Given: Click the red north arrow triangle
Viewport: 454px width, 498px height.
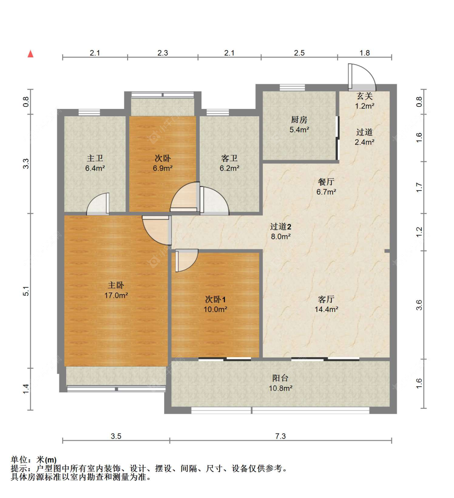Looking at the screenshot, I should [30, 54].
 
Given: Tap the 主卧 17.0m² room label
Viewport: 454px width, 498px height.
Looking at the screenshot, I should [116, 290].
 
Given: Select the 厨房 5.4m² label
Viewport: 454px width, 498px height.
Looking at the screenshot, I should [299, 124].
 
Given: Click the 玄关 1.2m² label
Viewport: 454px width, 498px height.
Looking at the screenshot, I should [364, 101].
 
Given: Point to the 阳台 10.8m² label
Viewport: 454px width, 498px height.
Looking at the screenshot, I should [280, 383].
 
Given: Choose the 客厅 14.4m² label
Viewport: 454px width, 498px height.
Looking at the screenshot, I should [326, 304].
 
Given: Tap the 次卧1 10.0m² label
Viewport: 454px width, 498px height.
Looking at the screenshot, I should [215, 304].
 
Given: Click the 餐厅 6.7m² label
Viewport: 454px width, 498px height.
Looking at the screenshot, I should [326, 186].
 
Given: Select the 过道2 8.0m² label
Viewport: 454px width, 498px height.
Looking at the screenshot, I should [280, 231].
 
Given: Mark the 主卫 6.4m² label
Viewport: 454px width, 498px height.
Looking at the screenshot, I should [95, 163].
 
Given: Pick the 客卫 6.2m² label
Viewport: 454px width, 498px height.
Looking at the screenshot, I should [229, 163].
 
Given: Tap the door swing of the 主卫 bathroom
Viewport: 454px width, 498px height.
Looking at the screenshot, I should [98, 204].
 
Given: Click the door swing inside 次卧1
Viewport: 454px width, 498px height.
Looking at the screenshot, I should [186, 260].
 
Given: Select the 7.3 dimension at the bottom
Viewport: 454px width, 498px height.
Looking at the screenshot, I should [280, 436].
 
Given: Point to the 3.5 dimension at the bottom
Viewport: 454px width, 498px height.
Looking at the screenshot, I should [116, 436].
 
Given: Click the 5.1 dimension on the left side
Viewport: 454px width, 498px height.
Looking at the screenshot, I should [26, 291].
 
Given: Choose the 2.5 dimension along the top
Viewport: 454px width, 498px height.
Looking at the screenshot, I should [299, 53].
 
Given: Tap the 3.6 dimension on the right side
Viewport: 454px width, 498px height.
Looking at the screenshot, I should [419, 305].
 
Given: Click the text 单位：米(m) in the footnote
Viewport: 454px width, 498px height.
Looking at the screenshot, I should [33, 460].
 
